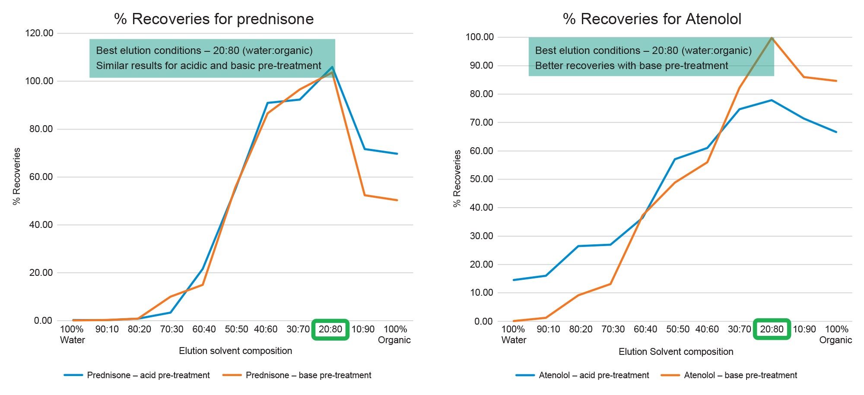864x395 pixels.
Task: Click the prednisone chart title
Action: coord(214,19)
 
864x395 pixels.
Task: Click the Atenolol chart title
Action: coord(652,19)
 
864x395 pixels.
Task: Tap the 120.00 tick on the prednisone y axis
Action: coord(39,33)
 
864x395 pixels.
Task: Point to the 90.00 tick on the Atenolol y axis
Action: coord(480,66)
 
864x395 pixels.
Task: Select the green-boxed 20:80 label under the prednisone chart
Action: coord(330,329)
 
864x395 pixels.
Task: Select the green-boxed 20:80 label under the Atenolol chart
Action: coord(772,329)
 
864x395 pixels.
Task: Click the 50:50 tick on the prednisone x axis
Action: coord(236,329)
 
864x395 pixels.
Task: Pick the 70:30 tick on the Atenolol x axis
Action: coord(613,329)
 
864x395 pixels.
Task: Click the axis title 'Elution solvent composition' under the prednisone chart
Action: coord(235,351)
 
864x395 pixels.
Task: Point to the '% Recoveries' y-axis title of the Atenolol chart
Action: coord(457,178)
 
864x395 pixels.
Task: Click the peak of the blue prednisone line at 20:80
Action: coord(332,67)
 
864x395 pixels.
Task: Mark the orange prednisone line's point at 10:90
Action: coord(365,195)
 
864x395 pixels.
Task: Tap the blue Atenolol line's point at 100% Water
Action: coord(514,280)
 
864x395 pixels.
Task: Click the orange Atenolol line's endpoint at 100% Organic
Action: coord(836,81)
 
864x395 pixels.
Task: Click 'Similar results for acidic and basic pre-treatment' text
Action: coord(209,66)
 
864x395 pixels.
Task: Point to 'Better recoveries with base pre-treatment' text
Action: coord(632,66)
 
